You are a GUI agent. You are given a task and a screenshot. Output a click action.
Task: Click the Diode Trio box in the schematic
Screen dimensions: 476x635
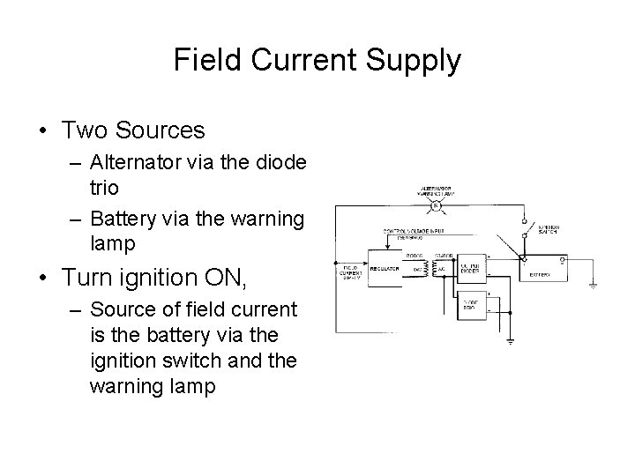click(467, 305)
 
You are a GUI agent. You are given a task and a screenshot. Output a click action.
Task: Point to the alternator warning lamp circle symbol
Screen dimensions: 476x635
click(435, 206)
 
